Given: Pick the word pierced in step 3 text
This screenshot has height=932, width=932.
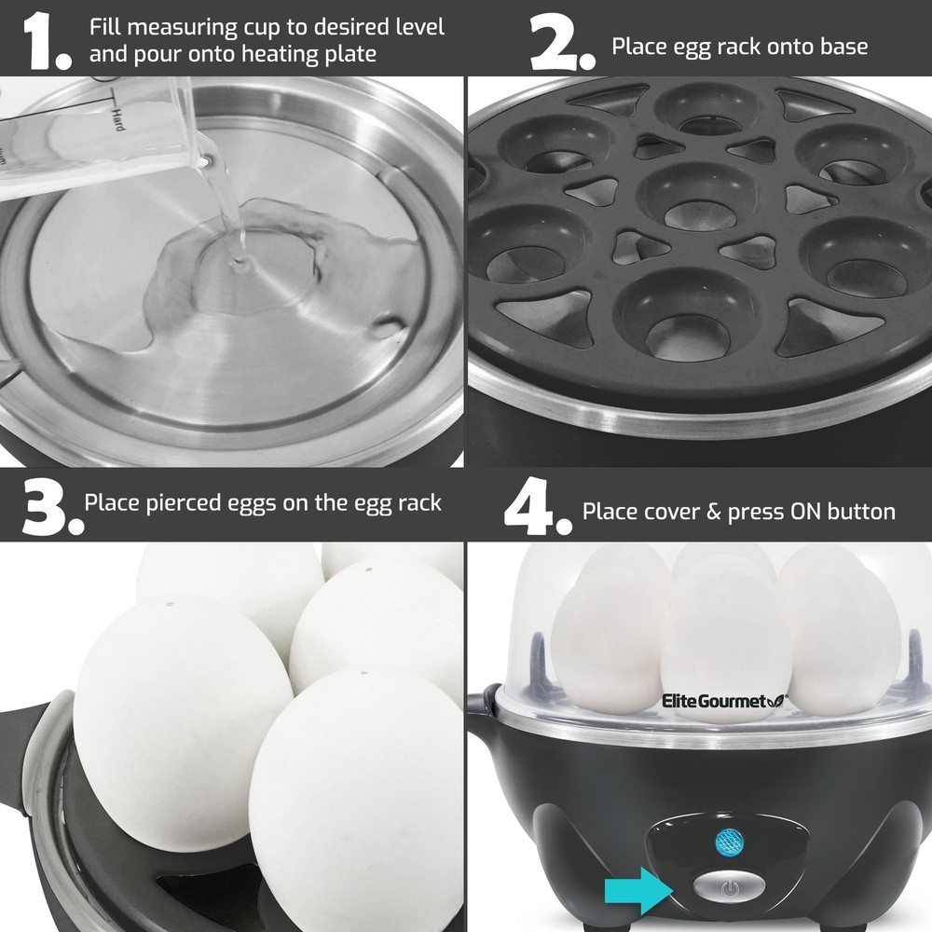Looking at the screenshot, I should click(185, 502).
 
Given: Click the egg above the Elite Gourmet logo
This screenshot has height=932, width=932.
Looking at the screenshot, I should click(718, 634).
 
